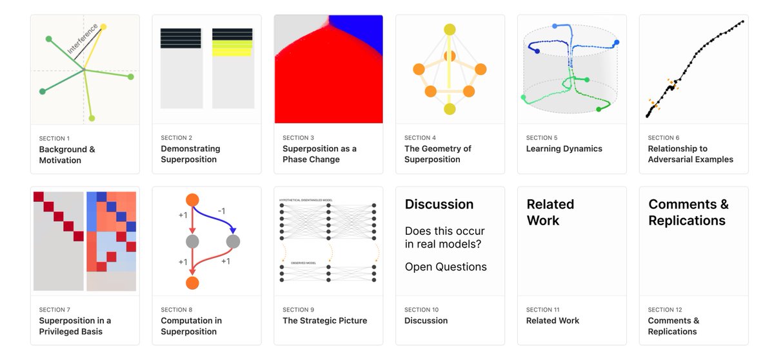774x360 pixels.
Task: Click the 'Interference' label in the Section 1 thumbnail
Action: click(x=83, y=39)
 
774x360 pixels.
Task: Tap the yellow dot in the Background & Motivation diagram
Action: click(x=103, y=27)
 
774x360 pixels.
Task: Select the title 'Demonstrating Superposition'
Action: click(x=190, y=154)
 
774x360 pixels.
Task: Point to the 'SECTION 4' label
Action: click(x=420, y=138)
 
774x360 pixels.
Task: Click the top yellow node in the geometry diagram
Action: click(x=450, y=30)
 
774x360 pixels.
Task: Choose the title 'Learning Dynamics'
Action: click(x=564, y=149)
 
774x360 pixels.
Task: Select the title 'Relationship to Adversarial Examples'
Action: click(x=690, y=154)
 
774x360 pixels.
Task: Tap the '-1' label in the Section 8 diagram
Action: click(x=221, y=211)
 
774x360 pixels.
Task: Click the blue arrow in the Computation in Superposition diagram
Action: click(x=223, y=217)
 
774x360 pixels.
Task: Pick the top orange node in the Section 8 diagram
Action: click(x=192, y=200)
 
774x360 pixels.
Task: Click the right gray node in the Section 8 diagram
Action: click(x=233, y=242)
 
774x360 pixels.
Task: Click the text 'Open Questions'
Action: click(x=446, y=267)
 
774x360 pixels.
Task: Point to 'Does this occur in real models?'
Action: click(x=444, y=237)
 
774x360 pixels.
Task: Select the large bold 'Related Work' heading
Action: click(x=550, y=212)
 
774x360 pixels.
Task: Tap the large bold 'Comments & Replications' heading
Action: click(x=688, y=212)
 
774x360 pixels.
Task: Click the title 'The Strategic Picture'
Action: click(x=324, y=321)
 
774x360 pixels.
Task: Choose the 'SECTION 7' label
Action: click(x=54, y=310)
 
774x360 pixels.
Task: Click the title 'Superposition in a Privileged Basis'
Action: click(x=75, y=326)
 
